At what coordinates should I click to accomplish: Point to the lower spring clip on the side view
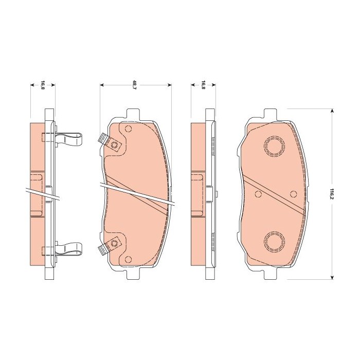[x=70, y=249]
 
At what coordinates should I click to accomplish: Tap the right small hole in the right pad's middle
[x=293, y=193]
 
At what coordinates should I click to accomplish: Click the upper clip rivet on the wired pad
[x=115, y=146]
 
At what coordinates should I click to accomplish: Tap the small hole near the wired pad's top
[x=129, y=129]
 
